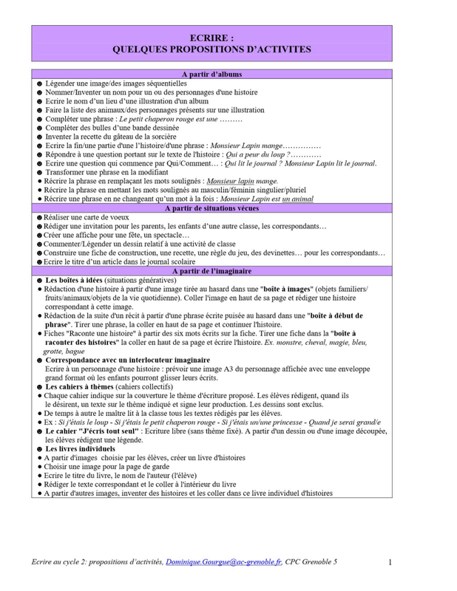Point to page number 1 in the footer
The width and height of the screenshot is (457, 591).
[390, 563]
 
